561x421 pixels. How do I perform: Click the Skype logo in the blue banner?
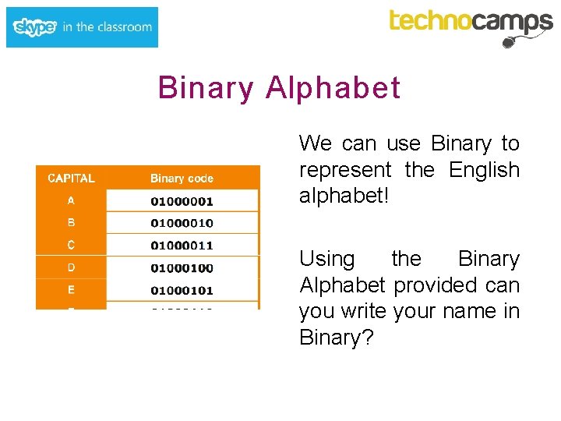tap(35, 27)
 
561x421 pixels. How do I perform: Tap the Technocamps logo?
tap(471, 23)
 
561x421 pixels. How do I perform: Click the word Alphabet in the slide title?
tap(333, 88)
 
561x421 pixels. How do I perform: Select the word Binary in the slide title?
tap(206, 88)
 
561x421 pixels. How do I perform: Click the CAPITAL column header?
tap(71, 178)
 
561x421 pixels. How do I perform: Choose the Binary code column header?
tap(182, 179)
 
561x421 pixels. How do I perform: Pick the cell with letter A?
tap(71, 200)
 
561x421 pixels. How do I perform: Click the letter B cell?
tap(71, 222)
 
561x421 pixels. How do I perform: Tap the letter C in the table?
tap(71, 245)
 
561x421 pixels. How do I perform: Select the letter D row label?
tap(71, 267)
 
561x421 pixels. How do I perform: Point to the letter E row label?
tap(71, 290)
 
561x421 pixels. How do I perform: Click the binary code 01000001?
tap(182, 201)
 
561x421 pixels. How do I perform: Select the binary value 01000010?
tap(182, 223)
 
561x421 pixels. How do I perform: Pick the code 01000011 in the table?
tap(182, 246)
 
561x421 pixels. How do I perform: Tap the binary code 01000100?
tap(182, 268)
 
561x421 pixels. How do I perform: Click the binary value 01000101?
tap(182, 291)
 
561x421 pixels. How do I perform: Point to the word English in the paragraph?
tap(484, 170)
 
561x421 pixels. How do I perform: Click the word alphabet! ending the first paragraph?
tap(344, 196)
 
